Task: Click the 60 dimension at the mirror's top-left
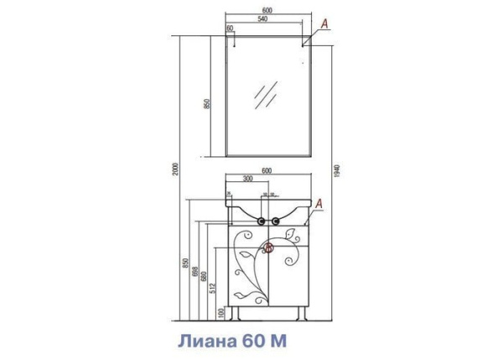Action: point(230,29)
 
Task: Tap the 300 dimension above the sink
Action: point(249,180)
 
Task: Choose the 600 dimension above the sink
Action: point(267,170)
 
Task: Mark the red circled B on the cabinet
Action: point(270,248)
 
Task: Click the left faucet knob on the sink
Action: point(260,222)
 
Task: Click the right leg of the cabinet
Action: point(299,316)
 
